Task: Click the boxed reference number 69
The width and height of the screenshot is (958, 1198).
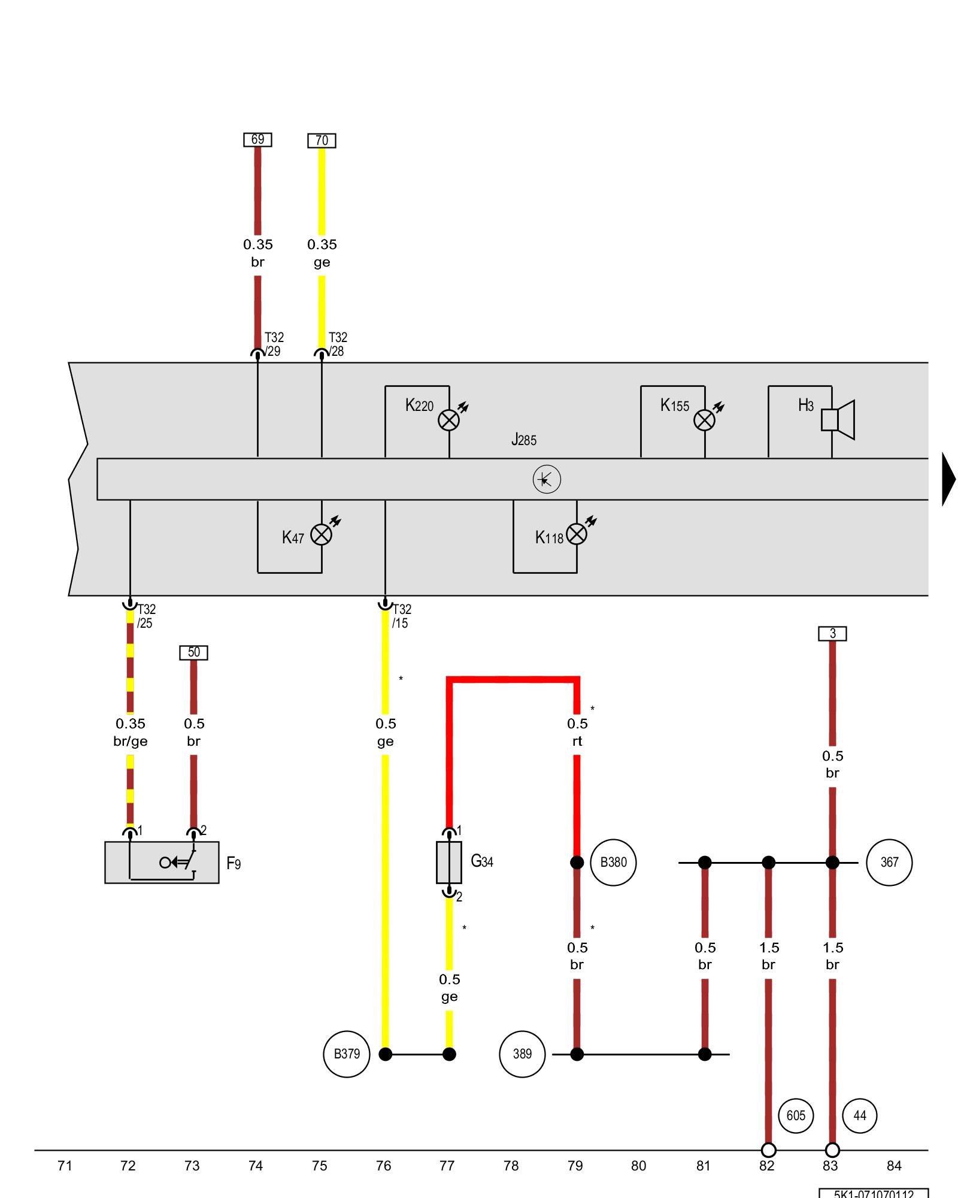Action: coord(257,140)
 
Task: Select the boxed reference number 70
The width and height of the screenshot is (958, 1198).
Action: coord(322,141)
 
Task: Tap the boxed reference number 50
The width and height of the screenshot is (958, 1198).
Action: coord(193,652)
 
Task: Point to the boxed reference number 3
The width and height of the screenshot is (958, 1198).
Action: coord(832,633)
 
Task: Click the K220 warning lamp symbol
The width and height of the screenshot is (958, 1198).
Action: coord(449,420)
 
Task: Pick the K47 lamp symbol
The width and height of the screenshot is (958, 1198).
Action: coord(322,534)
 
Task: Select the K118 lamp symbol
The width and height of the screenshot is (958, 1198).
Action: coord(577,534)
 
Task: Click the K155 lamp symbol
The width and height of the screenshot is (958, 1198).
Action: coord(704,420)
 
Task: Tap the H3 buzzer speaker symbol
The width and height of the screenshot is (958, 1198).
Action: coord(838,419)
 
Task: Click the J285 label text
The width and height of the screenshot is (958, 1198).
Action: coord(524,440)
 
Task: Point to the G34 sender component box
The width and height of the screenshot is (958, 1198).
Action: coord(449,863)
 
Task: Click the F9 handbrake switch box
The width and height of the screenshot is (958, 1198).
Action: coord(162,862)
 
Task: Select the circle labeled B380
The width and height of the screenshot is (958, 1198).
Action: coord(613,863)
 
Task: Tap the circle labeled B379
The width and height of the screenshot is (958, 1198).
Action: coord(347,1054)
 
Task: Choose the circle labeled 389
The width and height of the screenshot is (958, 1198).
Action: coord(522,1054)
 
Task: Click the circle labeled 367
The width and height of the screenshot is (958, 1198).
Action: coord(889,863)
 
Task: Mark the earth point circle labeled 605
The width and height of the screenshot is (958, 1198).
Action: coord(796,1115)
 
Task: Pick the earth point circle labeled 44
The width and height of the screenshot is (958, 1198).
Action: coord(859,1115)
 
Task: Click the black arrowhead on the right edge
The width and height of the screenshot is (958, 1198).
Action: coord(949,479)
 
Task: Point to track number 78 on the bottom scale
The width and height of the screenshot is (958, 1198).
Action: coord(511,1166)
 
